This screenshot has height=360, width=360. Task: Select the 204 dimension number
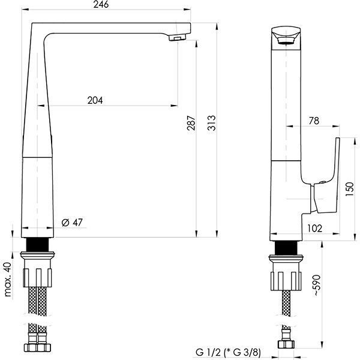click(94, 100)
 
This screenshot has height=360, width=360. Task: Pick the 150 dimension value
click(350, 190)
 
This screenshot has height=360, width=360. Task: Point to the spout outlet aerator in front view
click(176, 38)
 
